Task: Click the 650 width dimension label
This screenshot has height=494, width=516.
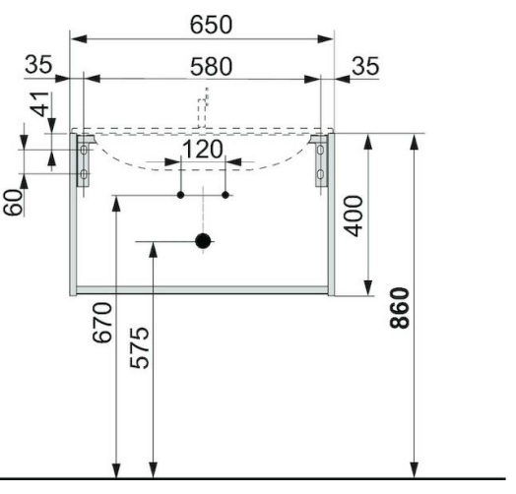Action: point(211,25)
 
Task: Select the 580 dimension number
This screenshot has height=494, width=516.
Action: point(212,67)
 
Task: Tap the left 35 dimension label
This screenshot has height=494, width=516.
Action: point(38,65)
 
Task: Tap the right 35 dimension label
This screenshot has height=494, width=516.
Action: point(365,66)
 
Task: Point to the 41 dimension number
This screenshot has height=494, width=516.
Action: point(40,104)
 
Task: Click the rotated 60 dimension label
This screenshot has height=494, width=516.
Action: point(14,203)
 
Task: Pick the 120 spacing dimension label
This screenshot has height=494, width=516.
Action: point(203,150)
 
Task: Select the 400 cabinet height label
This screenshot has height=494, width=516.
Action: point(354,216)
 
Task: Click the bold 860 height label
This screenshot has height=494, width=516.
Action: point(399,308)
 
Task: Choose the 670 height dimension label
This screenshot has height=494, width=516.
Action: point(102,323)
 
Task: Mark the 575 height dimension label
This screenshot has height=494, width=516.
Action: point(140,347)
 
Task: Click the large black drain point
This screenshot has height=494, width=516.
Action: point(203,241)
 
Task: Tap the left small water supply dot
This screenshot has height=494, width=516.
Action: point(180,195)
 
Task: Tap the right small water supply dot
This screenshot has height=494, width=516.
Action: point(226,195)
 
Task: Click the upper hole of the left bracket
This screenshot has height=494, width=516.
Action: point(84,150)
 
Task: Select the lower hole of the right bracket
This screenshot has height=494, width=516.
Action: point(320,174)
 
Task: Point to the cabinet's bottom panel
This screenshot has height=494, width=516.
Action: point(203,289)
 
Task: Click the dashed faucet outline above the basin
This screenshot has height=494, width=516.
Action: point(203,108)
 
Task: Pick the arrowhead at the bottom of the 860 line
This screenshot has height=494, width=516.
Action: point(415,469)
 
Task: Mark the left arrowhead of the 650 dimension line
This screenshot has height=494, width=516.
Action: point(80,38)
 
